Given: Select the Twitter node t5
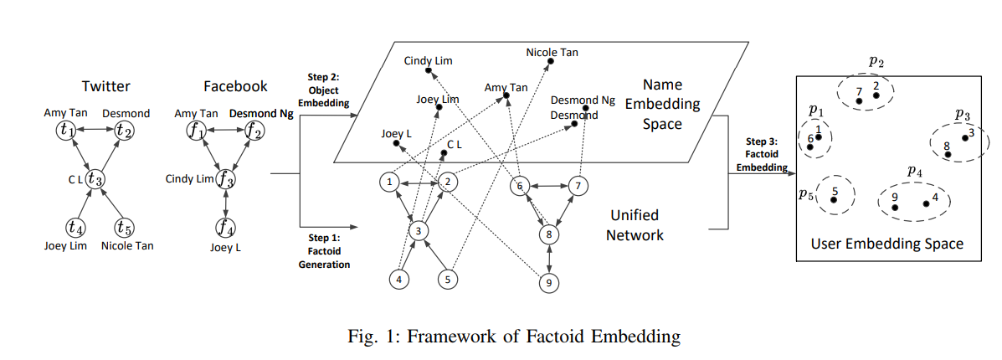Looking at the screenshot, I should point(125,226).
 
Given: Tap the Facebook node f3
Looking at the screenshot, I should point(225,178).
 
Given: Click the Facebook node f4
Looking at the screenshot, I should point(225,226).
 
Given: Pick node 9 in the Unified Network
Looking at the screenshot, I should point(548,282).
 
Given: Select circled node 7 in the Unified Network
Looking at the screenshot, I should point(575,185).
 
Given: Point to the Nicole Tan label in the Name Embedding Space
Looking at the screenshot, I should point(552,53).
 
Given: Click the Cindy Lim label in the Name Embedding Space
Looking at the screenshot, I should point(429,60).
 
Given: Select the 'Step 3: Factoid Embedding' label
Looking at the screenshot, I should point(763,153).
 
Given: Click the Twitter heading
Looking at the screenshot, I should point(105,86).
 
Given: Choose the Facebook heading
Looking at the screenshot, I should point(235,86).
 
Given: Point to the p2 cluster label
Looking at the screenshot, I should point(876,60).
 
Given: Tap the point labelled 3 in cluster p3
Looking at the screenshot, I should point(964,138).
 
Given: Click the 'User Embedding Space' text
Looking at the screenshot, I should point(886,244).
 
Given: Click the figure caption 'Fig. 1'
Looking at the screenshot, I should point(513,337).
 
